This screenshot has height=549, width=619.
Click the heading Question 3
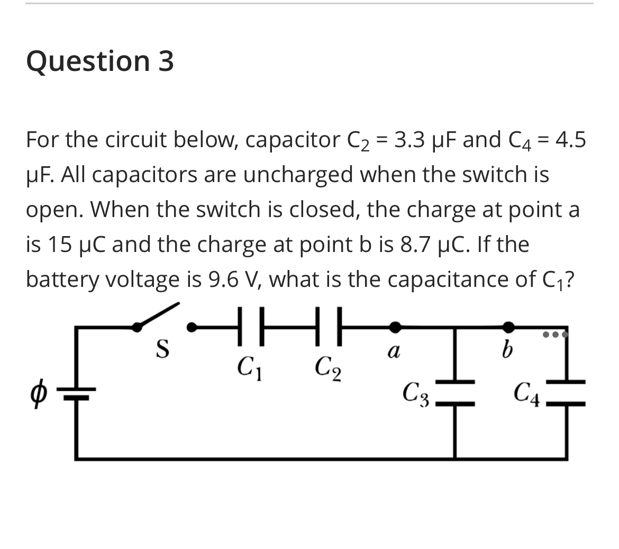tap(100, 61)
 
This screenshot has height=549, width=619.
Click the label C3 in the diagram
tap(416, 392)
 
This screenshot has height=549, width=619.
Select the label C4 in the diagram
tap(527, 393)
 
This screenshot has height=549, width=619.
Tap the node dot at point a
tap(394, 326)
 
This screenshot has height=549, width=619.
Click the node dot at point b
tap(508, 326)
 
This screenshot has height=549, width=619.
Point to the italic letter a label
tap(393, 350)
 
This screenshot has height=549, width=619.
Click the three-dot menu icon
tap(555, 335)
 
